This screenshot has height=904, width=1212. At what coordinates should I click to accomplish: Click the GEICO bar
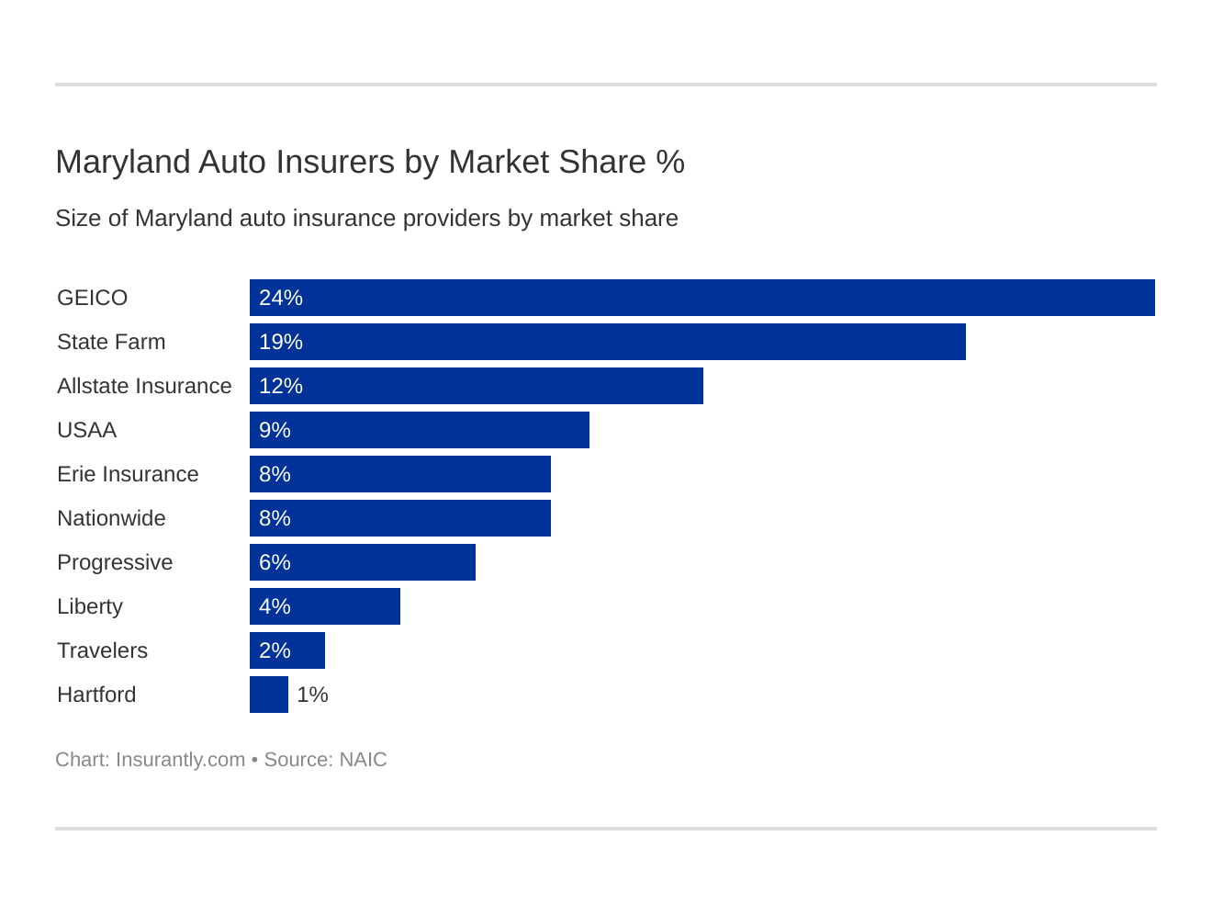click(x=702, y=298)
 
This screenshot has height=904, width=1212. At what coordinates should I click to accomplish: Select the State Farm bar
click(x=608, y=342)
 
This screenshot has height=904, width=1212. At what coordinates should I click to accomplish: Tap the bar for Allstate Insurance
click(x=477, y=386)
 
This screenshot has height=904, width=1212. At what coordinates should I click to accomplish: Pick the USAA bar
click(x=420, y=430)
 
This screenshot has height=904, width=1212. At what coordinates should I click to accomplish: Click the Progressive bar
click(x=363, y=562)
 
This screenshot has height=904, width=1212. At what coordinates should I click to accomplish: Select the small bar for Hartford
click(x=269, y=695)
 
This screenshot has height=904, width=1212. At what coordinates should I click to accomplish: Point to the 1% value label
click(x=312, y=695)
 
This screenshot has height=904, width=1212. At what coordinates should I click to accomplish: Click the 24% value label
click(x=280, y=298)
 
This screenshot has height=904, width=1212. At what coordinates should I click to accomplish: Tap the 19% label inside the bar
click(x=280, y=342)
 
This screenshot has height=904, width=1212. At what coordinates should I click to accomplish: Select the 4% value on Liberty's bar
click(x=275, y=606)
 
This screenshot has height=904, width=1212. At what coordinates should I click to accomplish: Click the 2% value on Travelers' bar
click(x=275, y=650)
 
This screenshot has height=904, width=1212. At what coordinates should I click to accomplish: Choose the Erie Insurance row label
click(x=128, y=474)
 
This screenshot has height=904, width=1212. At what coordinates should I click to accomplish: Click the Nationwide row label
click(x=111, y=518)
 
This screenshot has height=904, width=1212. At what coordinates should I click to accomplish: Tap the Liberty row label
click(x=90, y=606)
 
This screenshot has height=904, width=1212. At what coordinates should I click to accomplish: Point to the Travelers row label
click(x=102, y=650)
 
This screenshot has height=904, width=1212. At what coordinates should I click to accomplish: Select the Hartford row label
click(x=96, y=695)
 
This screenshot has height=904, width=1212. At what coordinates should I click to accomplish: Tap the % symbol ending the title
click(x=670, y=162)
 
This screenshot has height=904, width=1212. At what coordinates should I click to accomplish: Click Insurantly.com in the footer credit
click(x=180, y=760)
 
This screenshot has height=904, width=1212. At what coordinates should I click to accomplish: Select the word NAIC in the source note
click(x=363, y=760)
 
